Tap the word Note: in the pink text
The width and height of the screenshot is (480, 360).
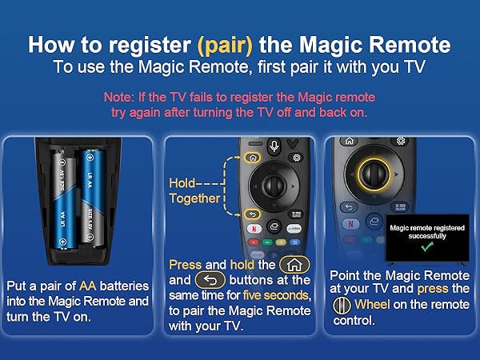point(120,97)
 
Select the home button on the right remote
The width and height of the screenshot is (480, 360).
point(350,141)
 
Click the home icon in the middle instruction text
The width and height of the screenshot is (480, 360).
point(294,264)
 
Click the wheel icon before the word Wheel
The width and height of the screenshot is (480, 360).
point(341,304)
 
